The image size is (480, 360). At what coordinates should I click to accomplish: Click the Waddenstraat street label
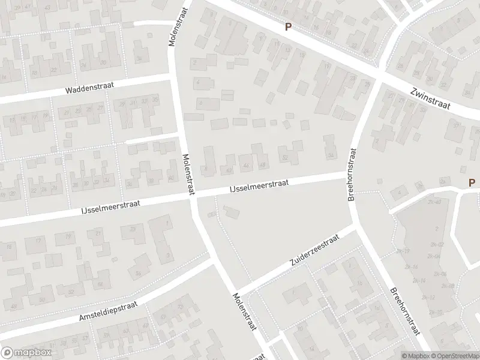91,89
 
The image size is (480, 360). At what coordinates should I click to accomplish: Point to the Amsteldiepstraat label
109,314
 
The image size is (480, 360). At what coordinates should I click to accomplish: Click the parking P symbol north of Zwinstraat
288,26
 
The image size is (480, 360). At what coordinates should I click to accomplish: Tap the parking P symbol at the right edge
472,182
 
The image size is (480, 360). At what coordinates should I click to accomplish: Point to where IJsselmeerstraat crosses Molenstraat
193,196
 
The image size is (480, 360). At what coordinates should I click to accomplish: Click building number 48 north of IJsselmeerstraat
263,166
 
